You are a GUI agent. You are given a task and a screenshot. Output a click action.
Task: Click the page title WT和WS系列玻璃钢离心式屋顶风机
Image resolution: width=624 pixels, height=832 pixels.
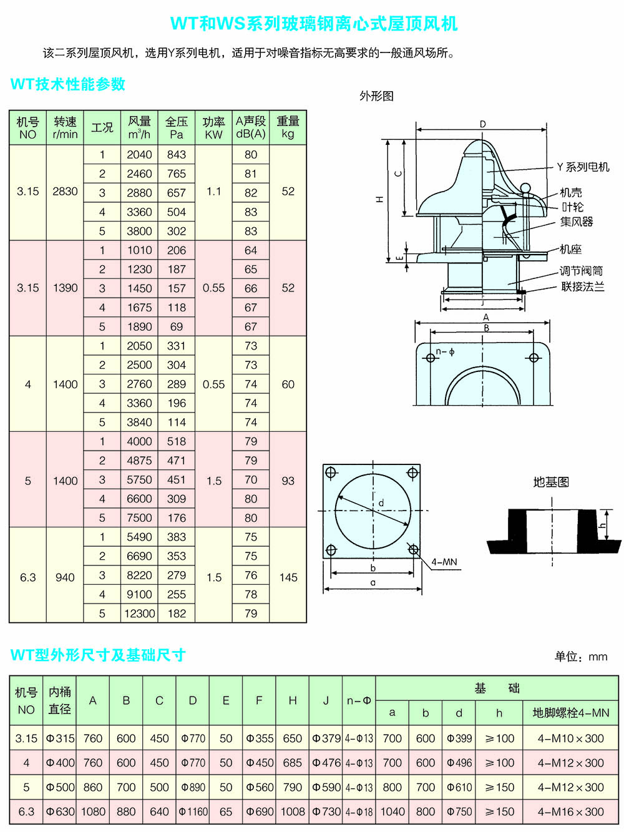[314, 24]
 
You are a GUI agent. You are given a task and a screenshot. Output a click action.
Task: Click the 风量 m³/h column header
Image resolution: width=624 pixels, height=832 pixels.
[139, 127]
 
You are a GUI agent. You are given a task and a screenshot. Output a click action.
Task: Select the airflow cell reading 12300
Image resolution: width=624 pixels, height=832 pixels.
[139, 614]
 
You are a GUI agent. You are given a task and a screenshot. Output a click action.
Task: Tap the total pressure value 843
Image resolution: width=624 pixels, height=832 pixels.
[177, 155]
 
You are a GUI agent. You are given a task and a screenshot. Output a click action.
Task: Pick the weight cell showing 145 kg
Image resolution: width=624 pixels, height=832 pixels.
[288, 577]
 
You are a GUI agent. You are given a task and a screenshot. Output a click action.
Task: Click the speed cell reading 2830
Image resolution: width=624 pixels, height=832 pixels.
[65, 192]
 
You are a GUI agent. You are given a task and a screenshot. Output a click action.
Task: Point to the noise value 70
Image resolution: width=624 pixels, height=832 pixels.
[251, 480]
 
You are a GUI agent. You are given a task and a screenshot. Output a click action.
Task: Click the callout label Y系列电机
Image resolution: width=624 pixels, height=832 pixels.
[583, 167]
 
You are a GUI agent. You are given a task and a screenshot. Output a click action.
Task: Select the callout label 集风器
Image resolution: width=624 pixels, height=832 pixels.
[577, 222]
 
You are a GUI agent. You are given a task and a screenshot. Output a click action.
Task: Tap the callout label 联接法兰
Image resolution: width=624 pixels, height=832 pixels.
[583, 286]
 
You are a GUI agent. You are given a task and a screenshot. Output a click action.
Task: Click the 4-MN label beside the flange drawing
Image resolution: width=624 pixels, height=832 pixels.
[444, 562]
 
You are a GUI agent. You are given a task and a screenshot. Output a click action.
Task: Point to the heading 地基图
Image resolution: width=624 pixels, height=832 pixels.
[551, 482]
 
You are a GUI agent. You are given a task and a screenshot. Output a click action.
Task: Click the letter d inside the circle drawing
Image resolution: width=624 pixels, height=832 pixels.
[381, 502]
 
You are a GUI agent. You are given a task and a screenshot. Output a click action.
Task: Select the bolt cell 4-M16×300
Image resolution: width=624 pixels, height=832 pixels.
[571, 812]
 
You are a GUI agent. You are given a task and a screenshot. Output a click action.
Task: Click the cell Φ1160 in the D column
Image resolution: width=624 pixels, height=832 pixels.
[193, 812]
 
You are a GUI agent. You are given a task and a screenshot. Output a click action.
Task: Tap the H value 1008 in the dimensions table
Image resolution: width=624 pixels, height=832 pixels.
[293, 812]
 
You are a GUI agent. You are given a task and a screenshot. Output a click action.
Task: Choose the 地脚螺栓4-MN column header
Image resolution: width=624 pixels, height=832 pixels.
[571, 713]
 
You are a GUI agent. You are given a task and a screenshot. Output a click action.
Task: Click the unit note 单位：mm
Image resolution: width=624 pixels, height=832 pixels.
[581, 657]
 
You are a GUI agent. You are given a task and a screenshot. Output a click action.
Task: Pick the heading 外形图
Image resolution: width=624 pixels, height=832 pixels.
[376, 96]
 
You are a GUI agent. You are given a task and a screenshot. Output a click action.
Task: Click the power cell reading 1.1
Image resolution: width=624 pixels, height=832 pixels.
[213, 192]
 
